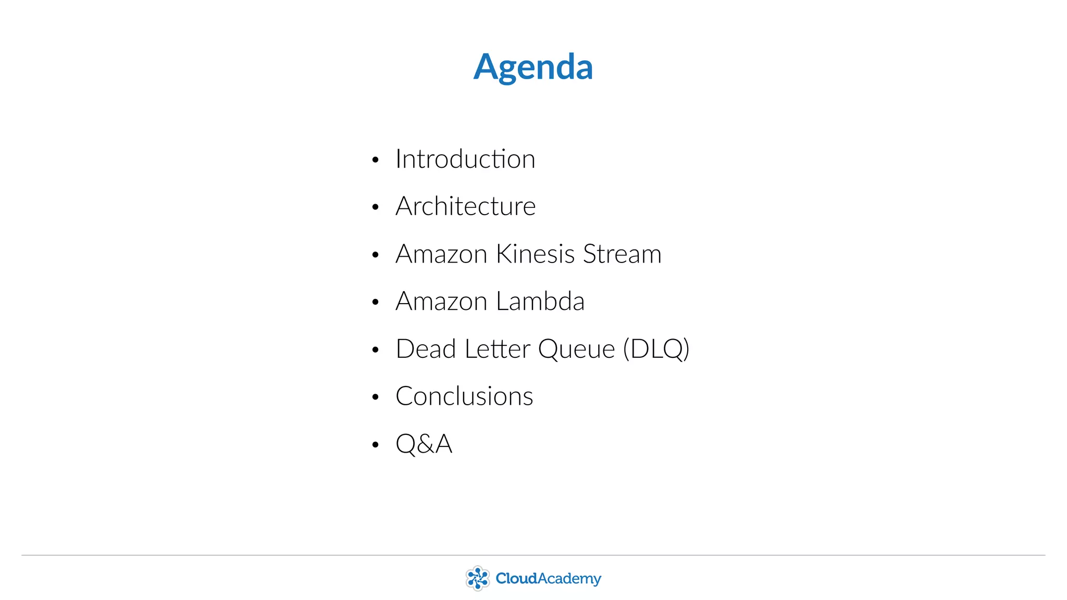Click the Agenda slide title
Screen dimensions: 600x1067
tap(533, 67)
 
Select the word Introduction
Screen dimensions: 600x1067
tap(465, 159)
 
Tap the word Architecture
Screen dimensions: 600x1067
tap(465, 206)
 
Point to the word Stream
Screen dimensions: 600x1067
tap(622, 254)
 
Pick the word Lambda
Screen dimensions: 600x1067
tap(540, 302)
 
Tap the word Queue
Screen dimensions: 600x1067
tap(576, 349)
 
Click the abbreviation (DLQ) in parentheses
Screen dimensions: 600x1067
tap(656, 349)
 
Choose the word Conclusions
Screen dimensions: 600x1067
tap(464, 396)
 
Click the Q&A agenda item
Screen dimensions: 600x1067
tap(424, 444)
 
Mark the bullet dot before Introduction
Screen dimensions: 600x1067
tap(375, 160)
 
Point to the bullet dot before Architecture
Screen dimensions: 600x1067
tap(375, 207)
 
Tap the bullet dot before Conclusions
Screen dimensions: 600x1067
tap(375, 397)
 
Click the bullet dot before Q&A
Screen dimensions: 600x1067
tap(375, 445)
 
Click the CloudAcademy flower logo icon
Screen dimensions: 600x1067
tap(477, 578)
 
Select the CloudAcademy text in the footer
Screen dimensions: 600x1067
tap(548, 579)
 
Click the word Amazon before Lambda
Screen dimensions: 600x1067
tap(441, 302)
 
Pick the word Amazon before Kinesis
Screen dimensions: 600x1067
tap(441, 254)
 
